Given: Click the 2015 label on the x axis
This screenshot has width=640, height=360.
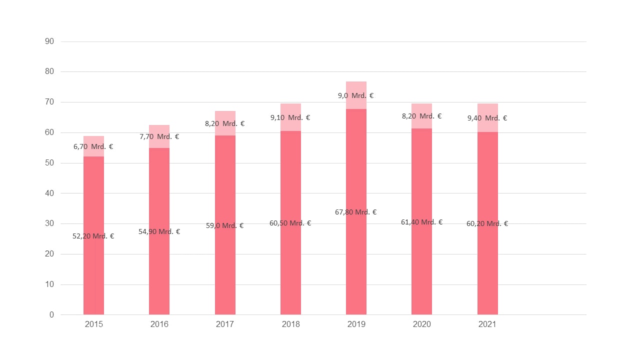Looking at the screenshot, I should (x=94, y=324).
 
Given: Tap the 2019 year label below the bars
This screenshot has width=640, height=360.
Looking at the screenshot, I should (x=356, y=324).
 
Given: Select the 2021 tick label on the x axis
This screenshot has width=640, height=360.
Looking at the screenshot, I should (x=487, y=324).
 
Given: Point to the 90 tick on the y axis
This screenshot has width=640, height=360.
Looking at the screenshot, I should (x=49, y=41).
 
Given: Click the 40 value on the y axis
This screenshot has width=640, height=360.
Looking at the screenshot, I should (x=49, y=193).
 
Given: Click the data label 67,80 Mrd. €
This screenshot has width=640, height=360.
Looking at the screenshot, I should (x=356, y=212).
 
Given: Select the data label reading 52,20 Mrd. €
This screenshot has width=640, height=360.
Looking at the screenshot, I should (x=93, y=236).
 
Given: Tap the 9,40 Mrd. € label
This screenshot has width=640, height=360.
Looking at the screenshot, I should (x=487, y=118).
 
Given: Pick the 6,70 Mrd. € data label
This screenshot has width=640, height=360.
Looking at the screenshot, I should (x=93, y=146).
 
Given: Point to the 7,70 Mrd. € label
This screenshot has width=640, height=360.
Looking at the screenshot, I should (x=159, y=136).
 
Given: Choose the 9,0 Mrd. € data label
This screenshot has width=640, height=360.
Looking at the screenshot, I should (x=356, y=95).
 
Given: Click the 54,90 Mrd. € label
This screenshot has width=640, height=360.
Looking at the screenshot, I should (x=159, y=231).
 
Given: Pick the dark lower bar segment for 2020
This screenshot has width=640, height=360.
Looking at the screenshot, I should (x=421, y=270).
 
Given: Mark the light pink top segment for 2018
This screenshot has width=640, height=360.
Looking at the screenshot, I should (x=290, y=125).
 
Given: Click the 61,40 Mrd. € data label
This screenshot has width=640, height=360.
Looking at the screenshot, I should (x=421, y=222).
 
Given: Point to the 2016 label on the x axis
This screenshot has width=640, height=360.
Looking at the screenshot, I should (x=159, y=324).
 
